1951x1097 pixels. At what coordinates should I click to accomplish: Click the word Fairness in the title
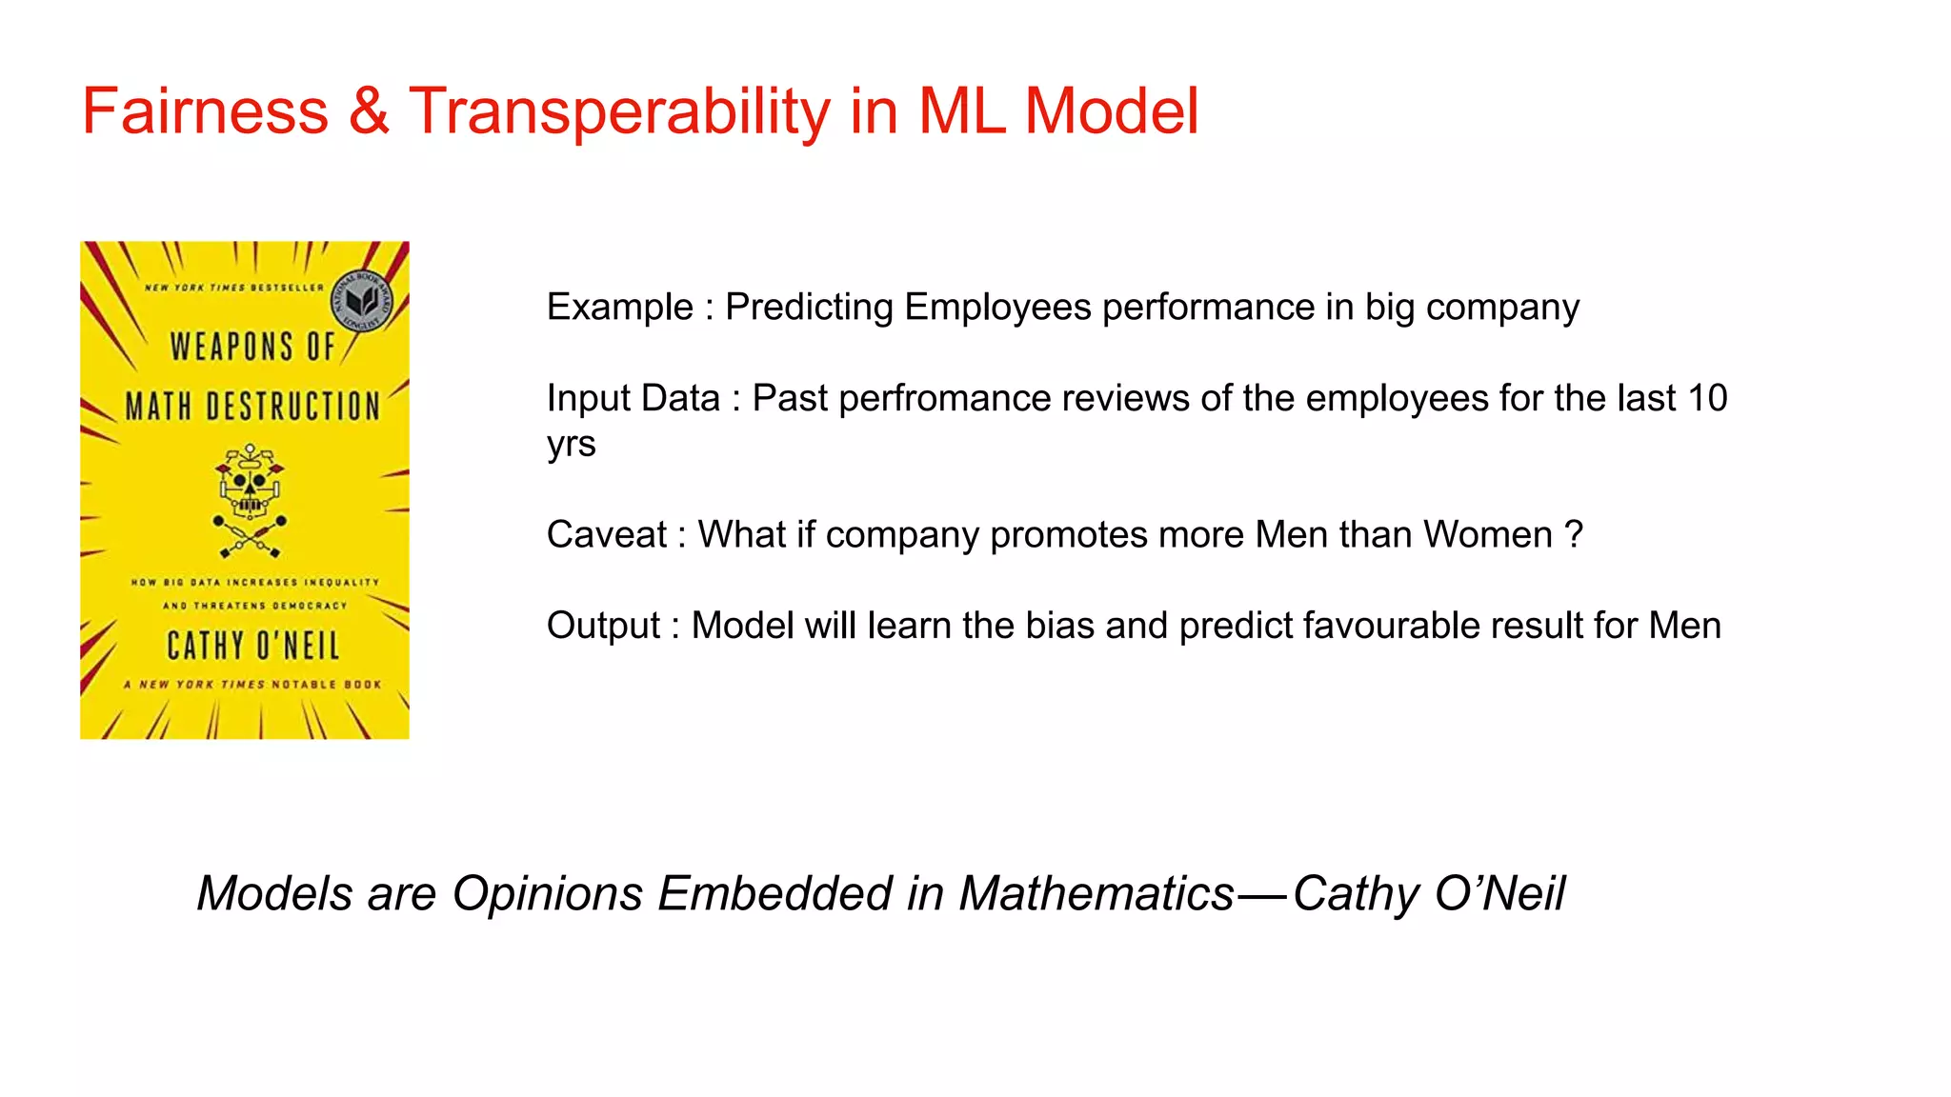(x=205, y=111)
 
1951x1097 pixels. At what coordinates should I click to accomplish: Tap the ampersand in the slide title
(x=369, y=111)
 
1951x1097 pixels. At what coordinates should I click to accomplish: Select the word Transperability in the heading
(x=619, y=111)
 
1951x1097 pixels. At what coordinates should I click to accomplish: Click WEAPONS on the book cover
(x=231, y=347)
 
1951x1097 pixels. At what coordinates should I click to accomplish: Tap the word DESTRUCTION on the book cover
(x=292, y=407)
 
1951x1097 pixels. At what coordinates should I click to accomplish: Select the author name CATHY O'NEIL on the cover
(x=253, y=647)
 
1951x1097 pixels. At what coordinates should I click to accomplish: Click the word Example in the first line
(x=619, y=308)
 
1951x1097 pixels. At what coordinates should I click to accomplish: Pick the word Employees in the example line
(x=997, y=308)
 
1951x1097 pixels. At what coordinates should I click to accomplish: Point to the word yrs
(x=571, y=445)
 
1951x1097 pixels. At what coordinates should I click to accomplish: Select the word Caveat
(x=606, y=535)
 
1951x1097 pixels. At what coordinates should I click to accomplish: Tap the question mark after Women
(x=1574, y=535)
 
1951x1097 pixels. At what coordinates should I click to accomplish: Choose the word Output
(x=603, y=626)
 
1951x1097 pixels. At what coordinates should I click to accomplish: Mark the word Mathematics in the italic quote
(x=1096, y=893)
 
